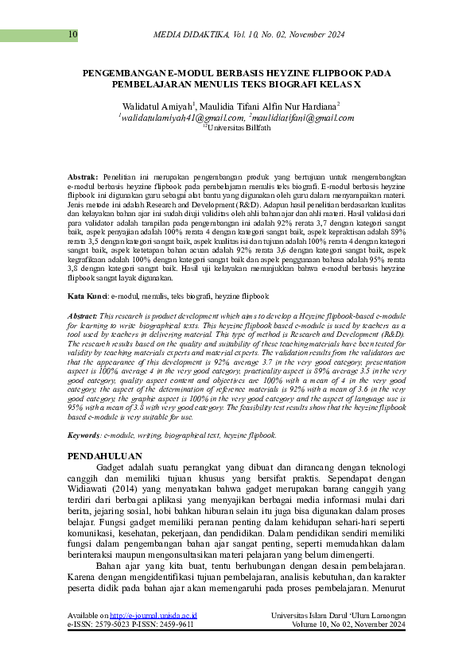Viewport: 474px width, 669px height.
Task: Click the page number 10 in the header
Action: pos(73,34)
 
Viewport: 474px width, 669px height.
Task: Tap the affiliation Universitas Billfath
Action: pos(239,127)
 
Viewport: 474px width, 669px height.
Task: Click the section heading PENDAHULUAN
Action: pos(105,457)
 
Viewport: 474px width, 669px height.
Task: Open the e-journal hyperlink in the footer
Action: pos(153,638)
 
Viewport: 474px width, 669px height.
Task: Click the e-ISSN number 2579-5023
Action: pos(118,647)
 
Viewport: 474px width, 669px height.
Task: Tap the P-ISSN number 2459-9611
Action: pos(173,647)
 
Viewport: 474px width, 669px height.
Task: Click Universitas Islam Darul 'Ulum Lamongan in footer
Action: pos(338,638)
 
